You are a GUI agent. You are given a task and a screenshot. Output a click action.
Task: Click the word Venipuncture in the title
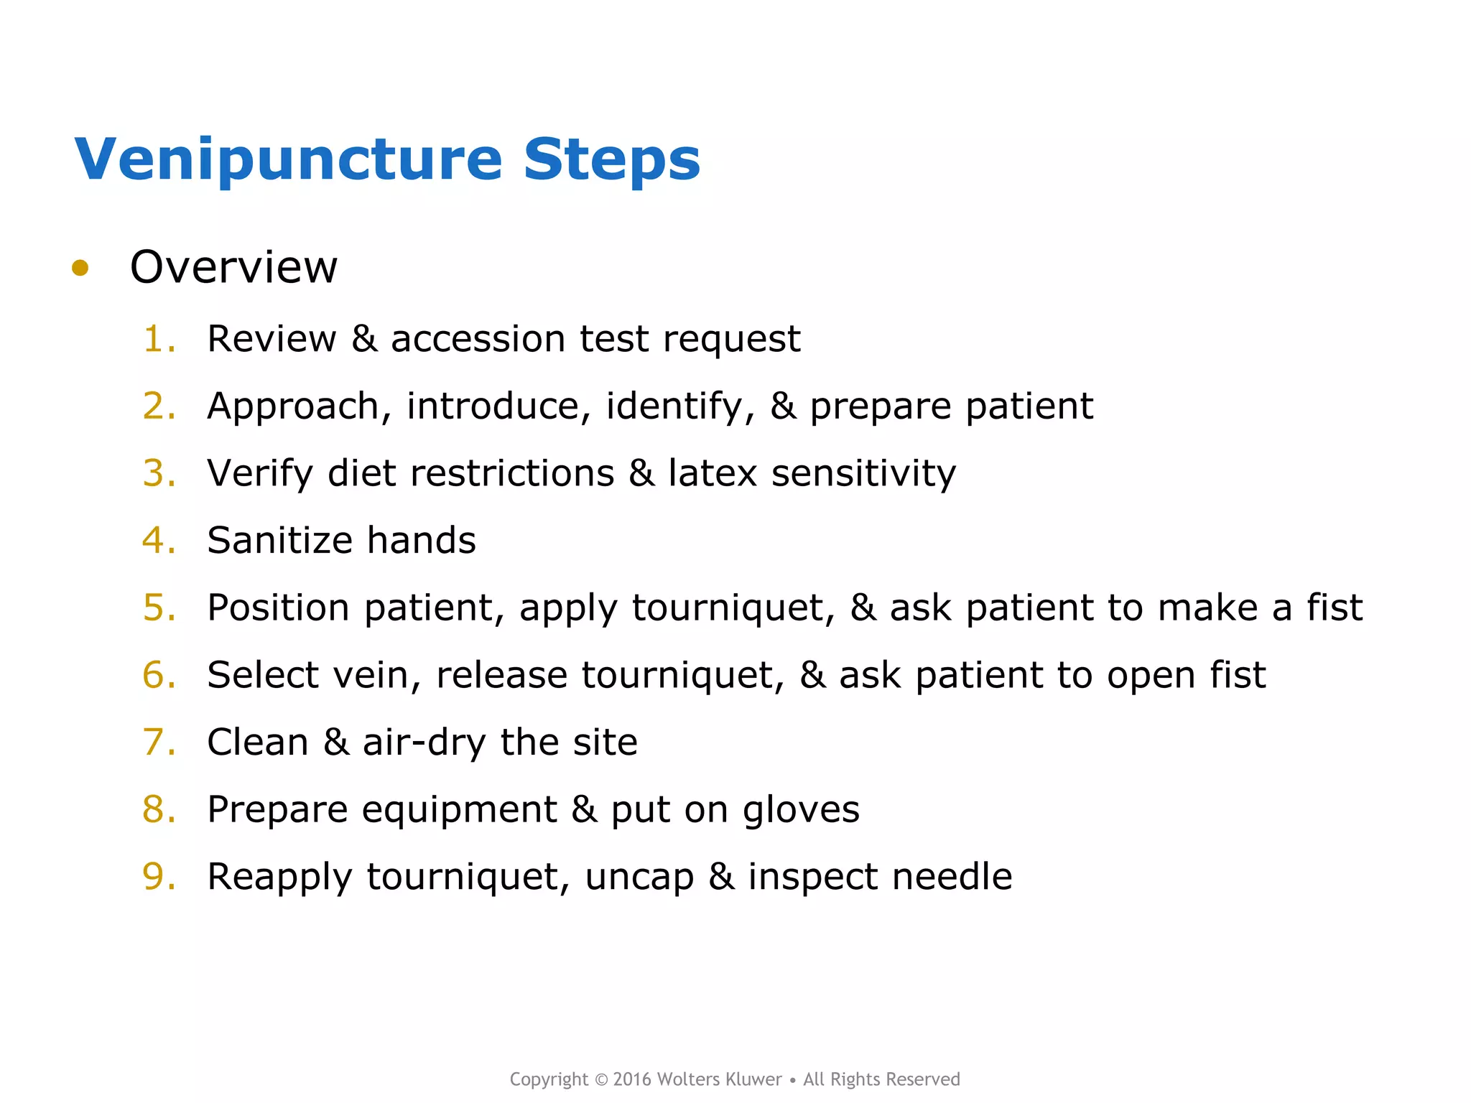[287, 159]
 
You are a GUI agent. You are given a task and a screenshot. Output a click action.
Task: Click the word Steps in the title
[611, 159]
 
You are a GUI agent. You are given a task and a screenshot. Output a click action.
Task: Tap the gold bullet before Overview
[80, 269]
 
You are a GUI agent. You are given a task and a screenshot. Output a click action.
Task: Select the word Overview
[233, 267]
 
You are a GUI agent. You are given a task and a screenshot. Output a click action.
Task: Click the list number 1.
[157, 339]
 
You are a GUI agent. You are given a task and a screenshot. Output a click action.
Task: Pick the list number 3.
[157, 473]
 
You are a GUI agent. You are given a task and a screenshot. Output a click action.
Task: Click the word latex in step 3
[713, 473]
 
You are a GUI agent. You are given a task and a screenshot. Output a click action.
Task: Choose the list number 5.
[157, 608]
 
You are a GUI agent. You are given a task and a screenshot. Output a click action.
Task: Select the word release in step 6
[501, 675]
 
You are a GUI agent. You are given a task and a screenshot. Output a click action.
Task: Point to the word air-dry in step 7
[424, 743]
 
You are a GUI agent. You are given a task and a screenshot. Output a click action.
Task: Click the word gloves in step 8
[800, 810]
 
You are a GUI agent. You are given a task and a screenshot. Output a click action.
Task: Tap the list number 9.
[157, 877]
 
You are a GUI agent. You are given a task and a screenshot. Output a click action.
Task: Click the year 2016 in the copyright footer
[632, 1079]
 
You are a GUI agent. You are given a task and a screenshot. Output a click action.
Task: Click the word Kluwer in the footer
[753, 1079]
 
